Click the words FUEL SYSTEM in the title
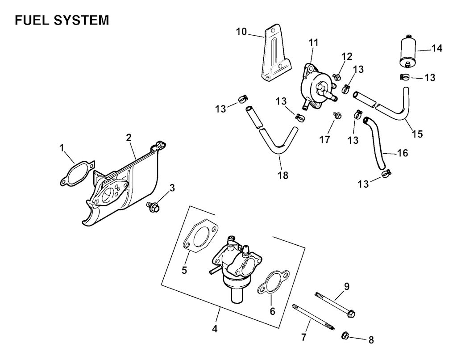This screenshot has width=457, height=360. click(x=61, y=21)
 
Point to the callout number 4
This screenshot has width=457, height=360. click(x=215, y=329)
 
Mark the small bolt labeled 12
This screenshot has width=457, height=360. click(x=338, y=77)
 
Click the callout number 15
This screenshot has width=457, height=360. click(x=418, y=133)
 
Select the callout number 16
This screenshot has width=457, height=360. click(x=403, y=153)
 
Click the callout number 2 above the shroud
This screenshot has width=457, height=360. click(x=129, y=138)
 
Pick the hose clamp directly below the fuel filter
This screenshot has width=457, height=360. click(x=405, y=77)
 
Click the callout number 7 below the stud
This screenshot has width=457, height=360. click(x=304, y=337)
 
